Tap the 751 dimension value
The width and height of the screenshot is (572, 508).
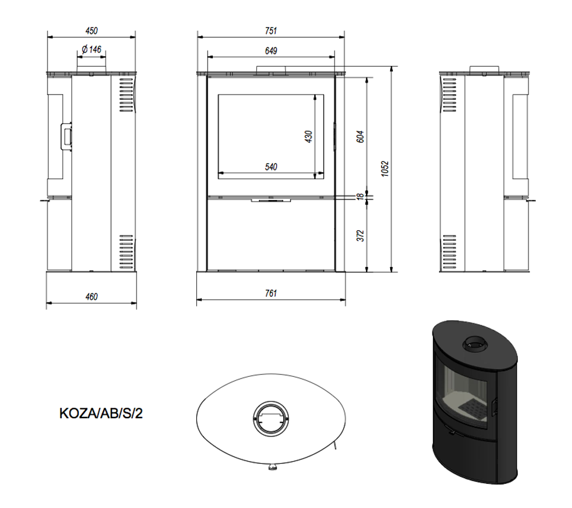[271, 31]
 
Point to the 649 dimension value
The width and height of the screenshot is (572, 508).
[271, 50]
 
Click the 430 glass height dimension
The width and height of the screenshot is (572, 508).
[308, 136]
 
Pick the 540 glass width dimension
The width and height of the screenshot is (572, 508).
[271, 167]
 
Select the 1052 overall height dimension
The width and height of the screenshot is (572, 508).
[386, 169]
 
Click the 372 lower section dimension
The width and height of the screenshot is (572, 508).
[360, 235]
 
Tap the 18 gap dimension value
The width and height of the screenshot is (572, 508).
[360, 196]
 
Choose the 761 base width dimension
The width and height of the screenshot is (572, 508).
[271, 293]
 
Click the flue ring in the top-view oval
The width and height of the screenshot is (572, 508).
[271, 418]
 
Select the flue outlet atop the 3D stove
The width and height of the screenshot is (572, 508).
[475, 345]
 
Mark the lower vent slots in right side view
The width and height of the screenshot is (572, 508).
[450, 253]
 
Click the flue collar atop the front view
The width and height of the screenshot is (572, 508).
[271, 69]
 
